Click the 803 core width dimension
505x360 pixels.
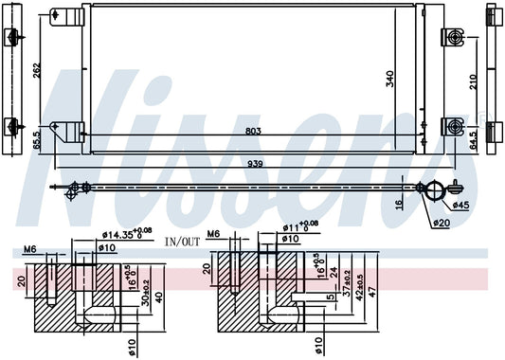pyautogui.click(x=253, y=131)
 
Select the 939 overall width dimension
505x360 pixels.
pyautogui.click(x=255, y=164)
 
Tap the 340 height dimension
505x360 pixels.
pyautogui.click(x=390, y=79)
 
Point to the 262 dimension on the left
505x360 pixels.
pyautogui.click(x=37, y=70)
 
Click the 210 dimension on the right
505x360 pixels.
pyautogui.click(x=473, y=82)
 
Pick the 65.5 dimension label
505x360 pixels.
pyautogui.click(x=37, y=140)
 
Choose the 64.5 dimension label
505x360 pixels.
pyautogui.click(x=473, y=140)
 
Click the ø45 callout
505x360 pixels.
pyautogui.click(x=460, y=205)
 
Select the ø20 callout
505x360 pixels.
pyautogui.click(x=442, y=223)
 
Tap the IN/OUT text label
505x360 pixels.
pyautogui.click(x=182, y=242)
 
